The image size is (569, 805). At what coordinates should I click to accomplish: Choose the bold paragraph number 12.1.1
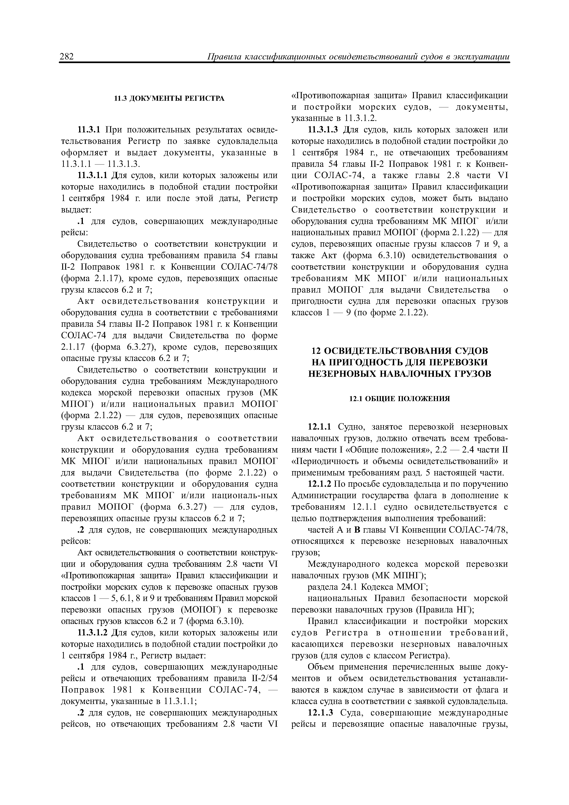point(319,427)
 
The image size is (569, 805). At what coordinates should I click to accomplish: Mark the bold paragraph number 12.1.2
point(319,484)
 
